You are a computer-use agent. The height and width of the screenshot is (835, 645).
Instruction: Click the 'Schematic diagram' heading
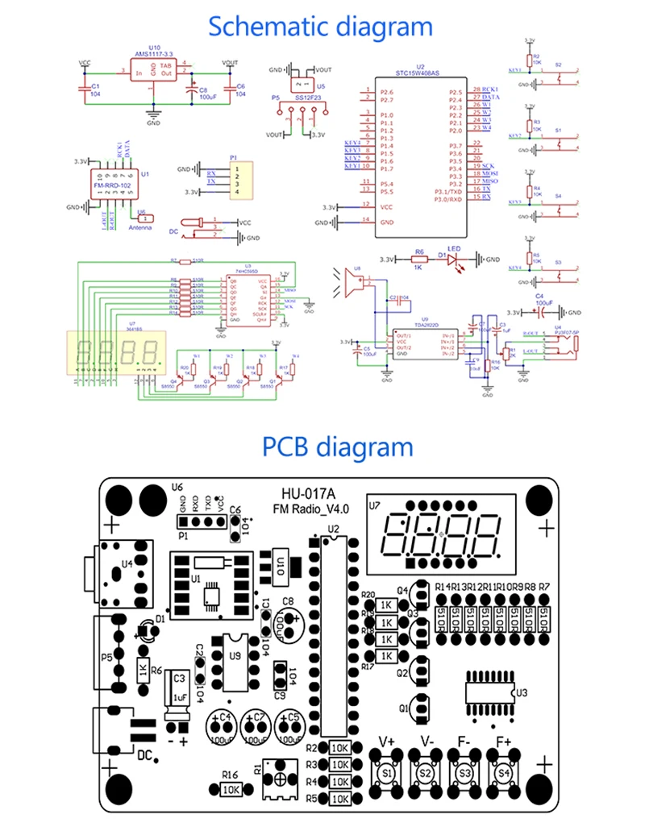(320, 26)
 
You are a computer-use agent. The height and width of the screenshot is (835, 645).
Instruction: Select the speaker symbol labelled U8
(352, 283)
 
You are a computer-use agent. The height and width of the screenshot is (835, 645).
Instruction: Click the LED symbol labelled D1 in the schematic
(453, 259)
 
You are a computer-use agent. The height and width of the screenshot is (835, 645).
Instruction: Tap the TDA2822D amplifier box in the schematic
(426, 342)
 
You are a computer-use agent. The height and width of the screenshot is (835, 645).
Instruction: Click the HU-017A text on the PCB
(309, 493)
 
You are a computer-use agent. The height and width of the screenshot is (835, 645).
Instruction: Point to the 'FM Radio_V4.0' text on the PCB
(310, 509)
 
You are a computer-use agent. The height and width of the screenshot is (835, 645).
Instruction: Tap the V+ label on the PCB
(387, 740)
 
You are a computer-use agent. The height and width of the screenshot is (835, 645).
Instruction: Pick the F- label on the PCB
(464, 740)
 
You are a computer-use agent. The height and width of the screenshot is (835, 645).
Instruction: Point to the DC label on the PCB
(145, 755)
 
